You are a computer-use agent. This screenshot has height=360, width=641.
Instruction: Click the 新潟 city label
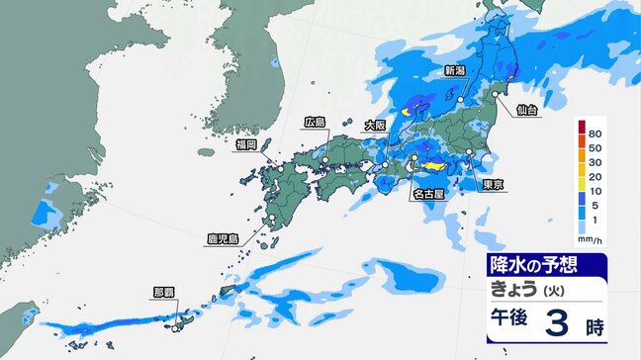(455, 70)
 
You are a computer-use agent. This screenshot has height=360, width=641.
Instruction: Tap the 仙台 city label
(528, 110)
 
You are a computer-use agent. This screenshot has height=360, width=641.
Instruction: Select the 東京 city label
(494, 185)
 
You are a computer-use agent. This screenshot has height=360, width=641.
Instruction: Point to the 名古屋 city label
(429, 195)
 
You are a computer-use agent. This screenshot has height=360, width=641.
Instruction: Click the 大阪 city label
(375, 125)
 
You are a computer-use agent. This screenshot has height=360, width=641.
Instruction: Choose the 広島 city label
(316, 122)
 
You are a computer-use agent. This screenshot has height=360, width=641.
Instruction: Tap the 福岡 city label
(246, 144)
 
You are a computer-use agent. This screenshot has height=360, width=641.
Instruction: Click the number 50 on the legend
(596, 146)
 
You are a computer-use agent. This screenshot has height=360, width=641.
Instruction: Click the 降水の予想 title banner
(535, 264)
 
